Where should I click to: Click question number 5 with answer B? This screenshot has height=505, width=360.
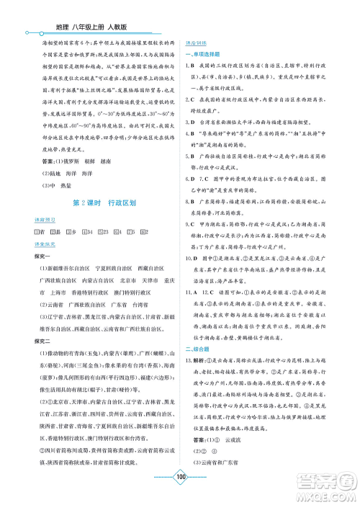pyautogui.click(x=188, y=153)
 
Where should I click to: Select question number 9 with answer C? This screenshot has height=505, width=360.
pyautogui.click(x=188, y=225)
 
